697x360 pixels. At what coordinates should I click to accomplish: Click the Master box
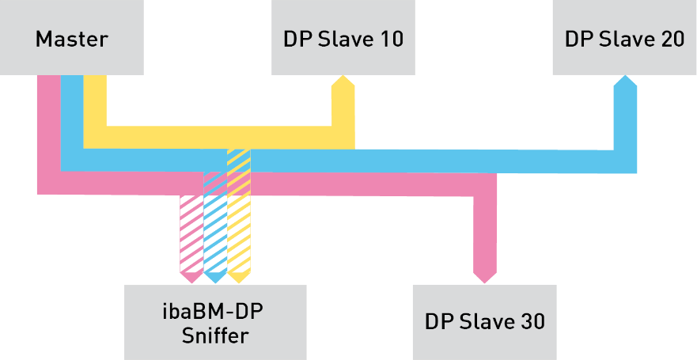[71, 37]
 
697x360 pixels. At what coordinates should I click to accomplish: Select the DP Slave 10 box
[343, 37]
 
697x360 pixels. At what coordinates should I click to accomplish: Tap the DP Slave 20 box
[624, 37]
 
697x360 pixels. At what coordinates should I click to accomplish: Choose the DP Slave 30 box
[485, 322]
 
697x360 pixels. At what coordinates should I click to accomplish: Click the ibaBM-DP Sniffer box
[215, 322]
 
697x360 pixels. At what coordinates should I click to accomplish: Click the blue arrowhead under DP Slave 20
[626, 84]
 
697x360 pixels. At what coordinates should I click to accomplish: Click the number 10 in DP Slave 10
[388, 39]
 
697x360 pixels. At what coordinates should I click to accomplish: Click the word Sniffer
[215, 335]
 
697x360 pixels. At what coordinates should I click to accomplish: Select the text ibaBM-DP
[215, 311]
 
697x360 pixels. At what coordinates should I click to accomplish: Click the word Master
[71, 39]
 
